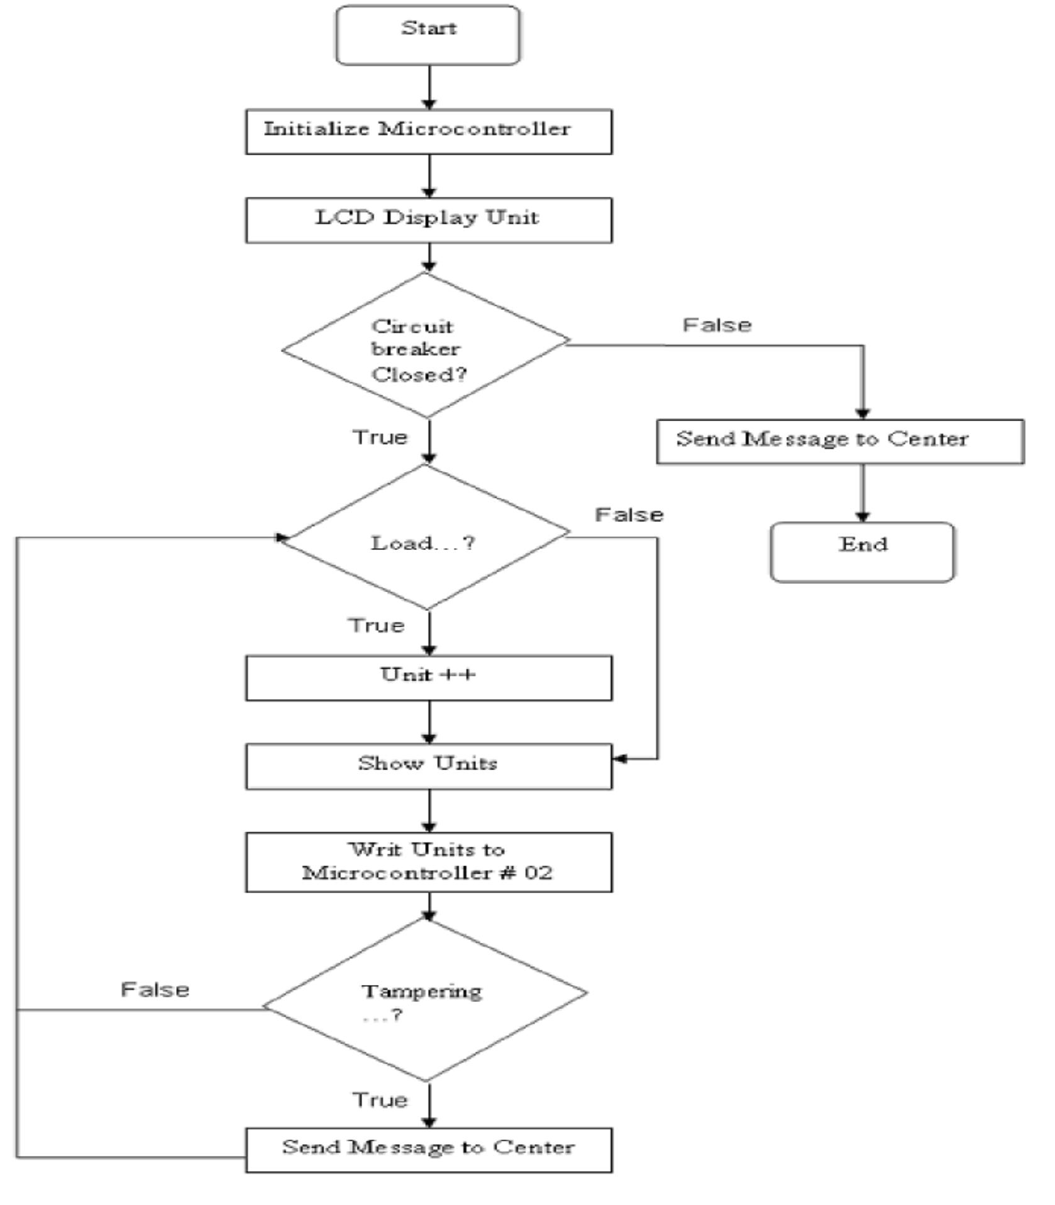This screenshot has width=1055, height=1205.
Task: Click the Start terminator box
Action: click(x=428, y=35)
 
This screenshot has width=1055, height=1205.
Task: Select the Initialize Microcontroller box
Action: click(x=428, y=131)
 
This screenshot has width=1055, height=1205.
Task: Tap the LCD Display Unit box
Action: click(x=428, y=220)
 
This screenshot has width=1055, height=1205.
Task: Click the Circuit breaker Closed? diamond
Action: click(x=426, y=346)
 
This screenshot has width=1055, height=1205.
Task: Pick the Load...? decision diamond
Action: click(x=426, y=538)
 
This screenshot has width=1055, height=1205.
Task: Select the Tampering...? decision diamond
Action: click(x=426, y=1001)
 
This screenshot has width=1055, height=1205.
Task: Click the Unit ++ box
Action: click(x=428, y=678)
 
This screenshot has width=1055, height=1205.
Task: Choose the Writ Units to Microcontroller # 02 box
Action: click(x=428, y=862)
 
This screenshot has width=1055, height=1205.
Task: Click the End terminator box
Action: click(x=862, y=551)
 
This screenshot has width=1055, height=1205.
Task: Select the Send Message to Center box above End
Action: click(x=840, y=441)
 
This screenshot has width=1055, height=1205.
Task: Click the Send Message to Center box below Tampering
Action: click(x=428, y=1150)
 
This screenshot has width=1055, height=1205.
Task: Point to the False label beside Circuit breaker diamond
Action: click(x=717, y=325)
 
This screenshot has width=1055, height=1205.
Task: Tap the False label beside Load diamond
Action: click(x=629, y=515)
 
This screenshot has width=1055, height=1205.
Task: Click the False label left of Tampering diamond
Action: click(x=155, y=989)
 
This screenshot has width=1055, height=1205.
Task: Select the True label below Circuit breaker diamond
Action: click(x=380, y=437)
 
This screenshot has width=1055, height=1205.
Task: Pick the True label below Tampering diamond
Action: click(x=380, y=1100)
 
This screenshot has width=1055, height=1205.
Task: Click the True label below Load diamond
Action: click(x=376, y=625)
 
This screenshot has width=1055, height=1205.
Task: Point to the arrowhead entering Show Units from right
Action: click(x=619, y=759)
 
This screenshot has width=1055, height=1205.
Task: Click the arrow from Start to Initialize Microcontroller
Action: click(x=429, y=87)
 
